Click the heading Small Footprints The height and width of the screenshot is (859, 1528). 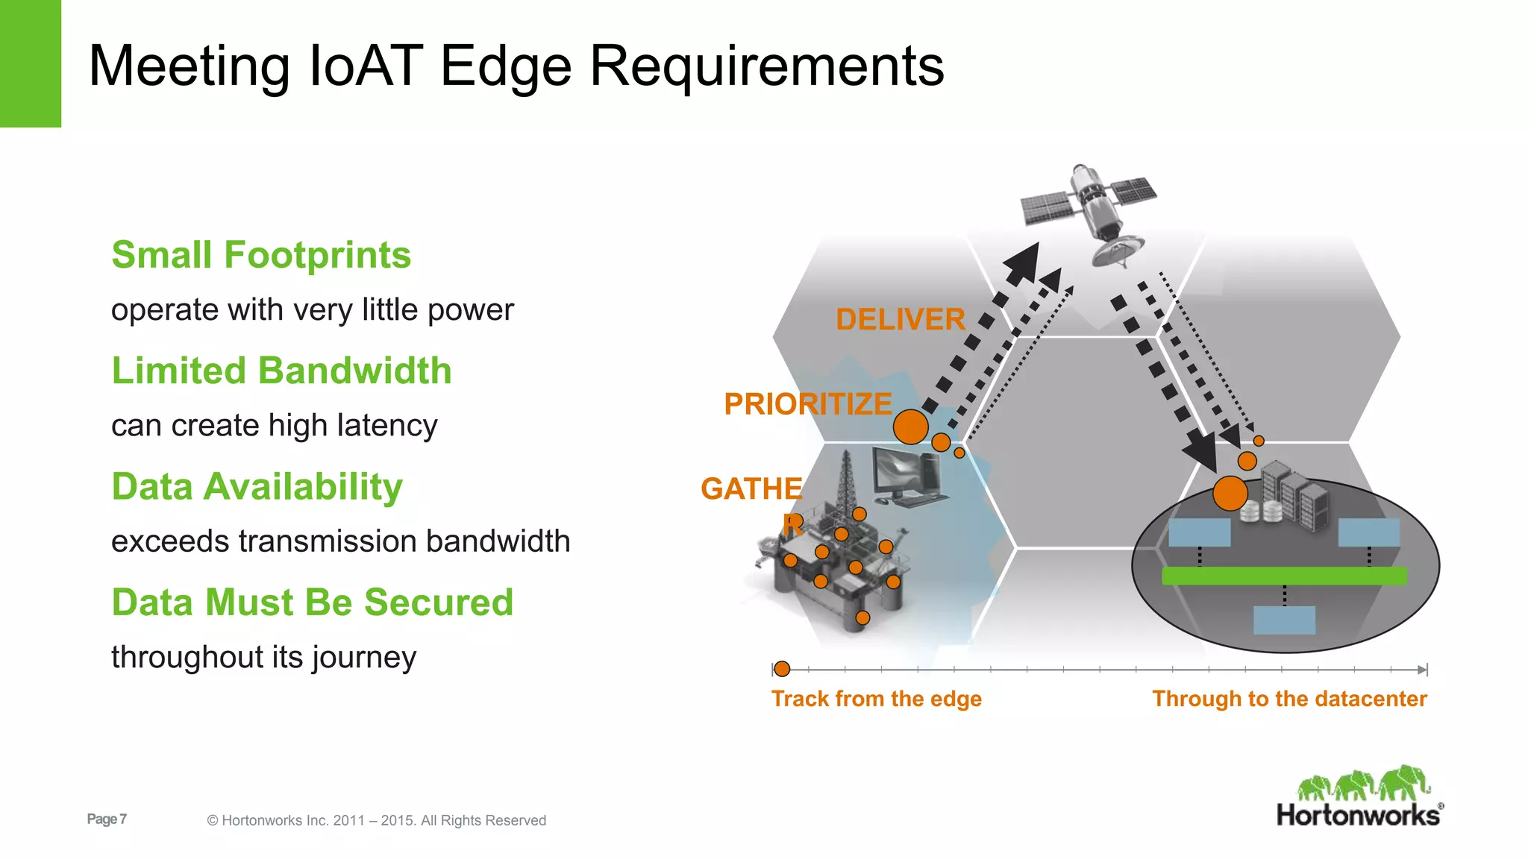261,255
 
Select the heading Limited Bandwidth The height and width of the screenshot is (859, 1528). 281,371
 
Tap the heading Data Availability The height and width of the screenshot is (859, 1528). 257,486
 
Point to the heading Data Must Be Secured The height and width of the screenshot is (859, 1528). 312,602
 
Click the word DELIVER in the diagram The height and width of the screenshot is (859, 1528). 900,319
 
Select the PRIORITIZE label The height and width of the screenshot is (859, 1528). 807,404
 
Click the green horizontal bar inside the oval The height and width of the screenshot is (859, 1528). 1284,576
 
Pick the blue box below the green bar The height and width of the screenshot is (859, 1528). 1284,620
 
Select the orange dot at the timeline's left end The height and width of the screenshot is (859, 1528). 781,669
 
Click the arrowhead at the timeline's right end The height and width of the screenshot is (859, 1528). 1422,670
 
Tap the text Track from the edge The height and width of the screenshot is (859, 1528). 876,699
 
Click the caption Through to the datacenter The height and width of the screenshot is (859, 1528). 1289,699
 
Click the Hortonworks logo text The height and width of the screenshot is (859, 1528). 1358,815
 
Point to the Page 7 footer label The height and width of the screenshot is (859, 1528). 107,819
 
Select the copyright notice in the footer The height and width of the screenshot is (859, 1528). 376,820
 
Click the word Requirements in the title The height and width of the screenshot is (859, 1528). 766,66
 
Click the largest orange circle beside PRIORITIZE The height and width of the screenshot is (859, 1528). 910,427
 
